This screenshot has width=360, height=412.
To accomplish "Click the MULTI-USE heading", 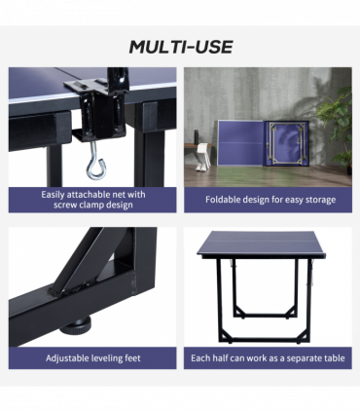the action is [181, 47].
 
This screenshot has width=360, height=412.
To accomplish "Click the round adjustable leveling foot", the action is [76, 325].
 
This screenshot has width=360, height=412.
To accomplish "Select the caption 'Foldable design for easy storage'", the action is [270, 200].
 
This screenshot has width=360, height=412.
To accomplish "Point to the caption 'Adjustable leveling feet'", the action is [93, 358].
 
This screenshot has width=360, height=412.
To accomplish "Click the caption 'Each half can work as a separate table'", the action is [268, 358].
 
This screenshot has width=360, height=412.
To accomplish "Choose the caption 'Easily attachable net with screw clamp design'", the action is [93, 200].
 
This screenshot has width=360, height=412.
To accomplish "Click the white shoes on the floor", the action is [200, 168].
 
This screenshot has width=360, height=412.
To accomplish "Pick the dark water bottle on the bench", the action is [197, 137].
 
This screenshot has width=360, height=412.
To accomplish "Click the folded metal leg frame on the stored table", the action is [287, 143].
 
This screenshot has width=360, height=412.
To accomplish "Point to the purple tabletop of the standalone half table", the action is [261, 243].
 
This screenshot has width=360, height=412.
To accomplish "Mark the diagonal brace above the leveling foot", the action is [85, 260].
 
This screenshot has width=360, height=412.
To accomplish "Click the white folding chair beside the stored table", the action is [203, 154].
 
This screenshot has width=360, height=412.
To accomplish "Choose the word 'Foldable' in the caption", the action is [221, 199].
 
